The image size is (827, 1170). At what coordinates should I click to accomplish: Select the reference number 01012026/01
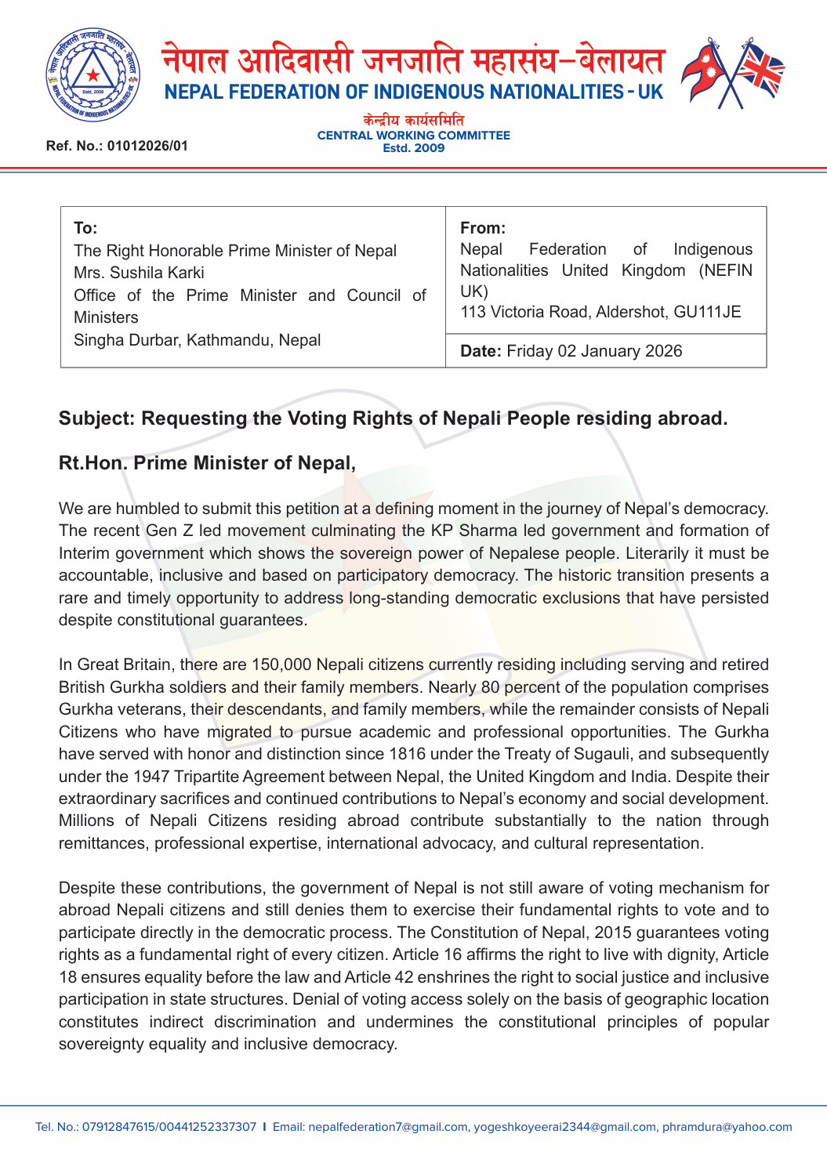[x=147, y=146]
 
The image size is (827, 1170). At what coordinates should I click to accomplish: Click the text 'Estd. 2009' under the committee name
[x=413, y=148]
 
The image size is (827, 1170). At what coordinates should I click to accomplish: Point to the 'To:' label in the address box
[x=85, y=228]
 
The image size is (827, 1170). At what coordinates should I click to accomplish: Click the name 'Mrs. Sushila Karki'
[x=139, y=273]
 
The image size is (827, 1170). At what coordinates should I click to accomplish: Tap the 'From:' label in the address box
[x=482, y=228]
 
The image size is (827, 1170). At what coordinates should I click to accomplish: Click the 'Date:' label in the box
[x=481, y=351]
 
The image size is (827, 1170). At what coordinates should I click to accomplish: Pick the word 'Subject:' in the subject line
[x=96, y=418]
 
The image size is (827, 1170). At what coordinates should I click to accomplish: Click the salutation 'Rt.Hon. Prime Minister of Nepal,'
[x=207, y=463]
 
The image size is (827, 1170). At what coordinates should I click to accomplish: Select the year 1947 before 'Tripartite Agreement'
[x=151, y=777]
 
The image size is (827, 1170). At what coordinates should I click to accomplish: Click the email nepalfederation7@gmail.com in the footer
[x=388, y=1127]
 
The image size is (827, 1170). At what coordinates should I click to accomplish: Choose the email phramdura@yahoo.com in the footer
[x=727, y=1127]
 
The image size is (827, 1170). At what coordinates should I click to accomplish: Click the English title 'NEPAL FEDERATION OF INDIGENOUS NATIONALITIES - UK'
[x=413, y=92]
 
